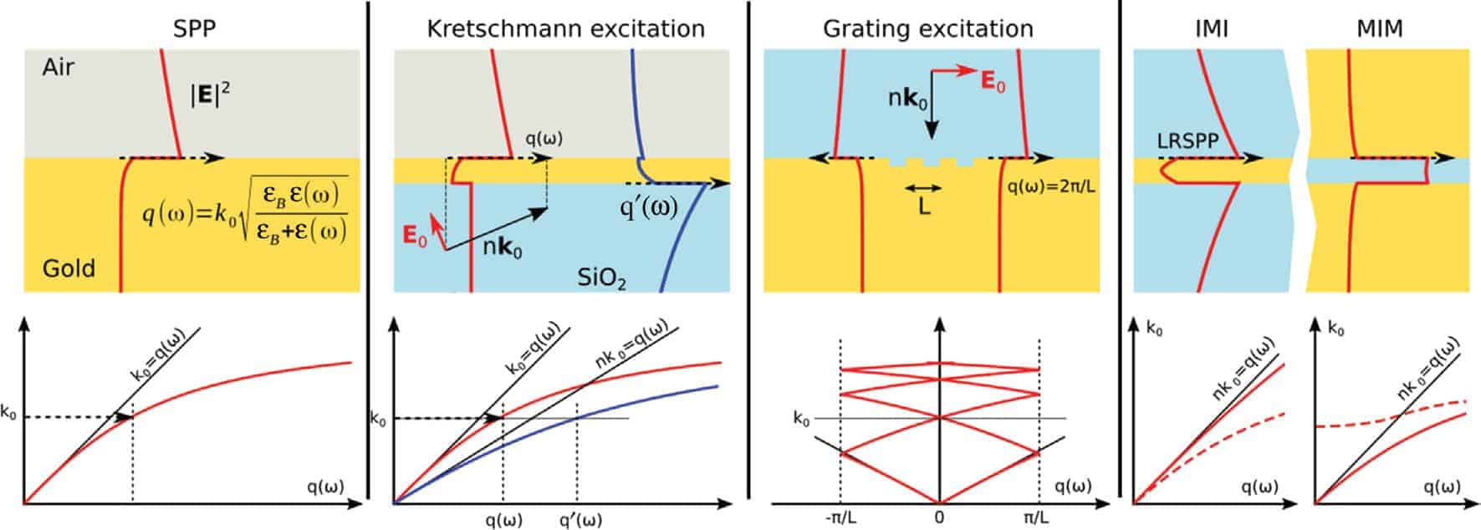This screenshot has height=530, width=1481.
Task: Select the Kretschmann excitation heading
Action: (565, 28)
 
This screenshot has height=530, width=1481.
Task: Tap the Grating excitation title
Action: (928, 28)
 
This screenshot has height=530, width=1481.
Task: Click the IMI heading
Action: (1212, 28)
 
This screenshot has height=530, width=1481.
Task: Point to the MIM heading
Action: (1379, 28)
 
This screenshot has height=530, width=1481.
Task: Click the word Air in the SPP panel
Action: (59, 67)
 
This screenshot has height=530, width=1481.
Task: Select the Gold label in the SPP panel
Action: (69, 268)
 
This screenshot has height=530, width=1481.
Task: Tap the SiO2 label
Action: (601, 278)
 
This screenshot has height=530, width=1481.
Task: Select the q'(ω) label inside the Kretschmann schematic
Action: (648, 207)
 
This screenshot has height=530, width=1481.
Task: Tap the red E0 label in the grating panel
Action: (993, 83)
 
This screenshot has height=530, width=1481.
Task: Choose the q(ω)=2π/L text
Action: (1051, 186)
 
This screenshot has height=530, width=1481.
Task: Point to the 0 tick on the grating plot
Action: (939, 518)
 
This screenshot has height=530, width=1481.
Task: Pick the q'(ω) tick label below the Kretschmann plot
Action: (580, 520)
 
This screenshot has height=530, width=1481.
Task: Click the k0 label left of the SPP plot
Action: (9, 415)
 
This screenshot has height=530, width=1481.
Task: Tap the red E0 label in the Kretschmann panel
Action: (415, 235)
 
